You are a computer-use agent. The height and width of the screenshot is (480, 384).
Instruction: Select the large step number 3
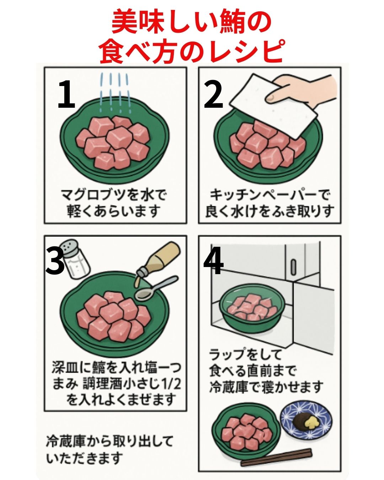coord(55,261)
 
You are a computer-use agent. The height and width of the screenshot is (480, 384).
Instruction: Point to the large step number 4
coord(213,261)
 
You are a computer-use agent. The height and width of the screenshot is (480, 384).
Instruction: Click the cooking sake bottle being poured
coord(160,260)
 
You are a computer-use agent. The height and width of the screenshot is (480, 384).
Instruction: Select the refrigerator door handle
coord(293,267)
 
